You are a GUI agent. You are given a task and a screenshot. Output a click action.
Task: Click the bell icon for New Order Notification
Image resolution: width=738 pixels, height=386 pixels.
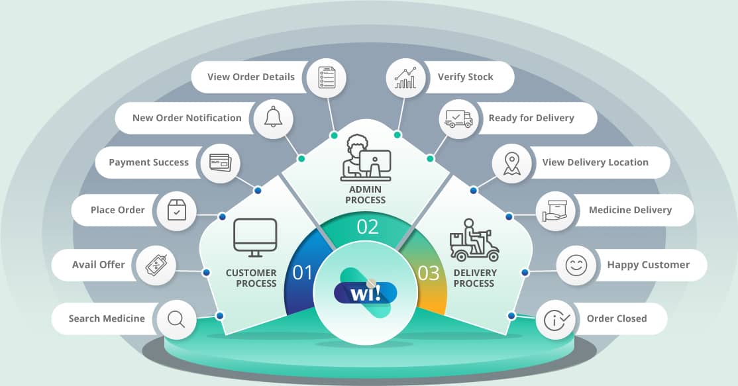[x=273, y=118]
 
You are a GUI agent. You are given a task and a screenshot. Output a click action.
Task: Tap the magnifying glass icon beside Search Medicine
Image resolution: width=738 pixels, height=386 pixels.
[x=176, y=319]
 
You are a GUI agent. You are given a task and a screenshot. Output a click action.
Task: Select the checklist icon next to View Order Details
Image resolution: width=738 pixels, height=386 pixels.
[x=327, y=77]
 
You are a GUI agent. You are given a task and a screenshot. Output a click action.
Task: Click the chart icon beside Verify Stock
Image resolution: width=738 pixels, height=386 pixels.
[x=405, y=77]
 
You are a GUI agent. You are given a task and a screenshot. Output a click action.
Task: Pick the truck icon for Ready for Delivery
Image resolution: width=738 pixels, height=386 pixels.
[x=458, y=119]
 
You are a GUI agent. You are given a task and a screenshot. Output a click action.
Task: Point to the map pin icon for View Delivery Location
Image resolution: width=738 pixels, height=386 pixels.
[x=511, y=163]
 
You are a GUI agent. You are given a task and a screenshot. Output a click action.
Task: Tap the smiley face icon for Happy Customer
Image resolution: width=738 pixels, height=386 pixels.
[x=576, y=265]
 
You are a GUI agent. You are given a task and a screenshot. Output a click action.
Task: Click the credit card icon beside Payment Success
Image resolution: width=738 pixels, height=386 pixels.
[x=219, y=162]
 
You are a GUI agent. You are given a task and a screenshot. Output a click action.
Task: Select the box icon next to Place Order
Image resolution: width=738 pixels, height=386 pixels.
[x=176, y=211]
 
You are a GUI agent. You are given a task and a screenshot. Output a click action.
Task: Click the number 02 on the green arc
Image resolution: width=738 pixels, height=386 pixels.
[x=368, y=226]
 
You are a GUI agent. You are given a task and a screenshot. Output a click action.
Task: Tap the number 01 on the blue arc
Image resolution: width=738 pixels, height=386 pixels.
[x=302, y=272]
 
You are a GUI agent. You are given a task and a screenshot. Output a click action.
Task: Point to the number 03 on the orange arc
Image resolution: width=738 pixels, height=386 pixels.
[x=429, y=273]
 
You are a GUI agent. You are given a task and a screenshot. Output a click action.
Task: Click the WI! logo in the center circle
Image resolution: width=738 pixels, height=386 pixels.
[x=366, y=293]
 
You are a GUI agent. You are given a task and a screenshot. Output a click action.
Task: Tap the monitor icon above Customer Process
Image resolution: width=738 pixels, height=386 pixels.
[x=255, y=238]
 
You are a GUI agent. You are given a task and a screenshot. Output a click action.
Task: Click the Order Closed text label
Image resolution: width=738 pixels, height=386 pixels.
[x=617, y=318]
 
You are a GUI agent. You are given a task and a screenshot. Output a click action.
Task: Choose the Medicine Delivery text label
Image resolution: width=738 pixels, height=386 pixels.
[x=630, y=210]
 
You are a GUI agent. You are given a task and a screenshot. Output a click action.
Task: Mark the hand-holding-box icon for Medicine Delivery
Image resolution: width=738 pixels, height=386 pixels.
[x=555, y=211]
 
